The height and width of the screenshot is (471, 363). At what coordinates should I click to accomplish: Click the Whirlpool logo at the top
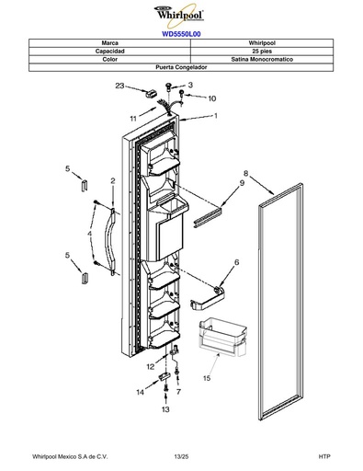tap(180, 15)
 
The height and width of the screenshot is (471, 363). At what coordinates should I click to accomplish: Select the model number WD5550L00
tap(181, 34)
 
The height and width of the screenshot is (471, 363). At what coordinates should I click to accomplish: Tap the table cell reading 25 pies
tap(262, 52)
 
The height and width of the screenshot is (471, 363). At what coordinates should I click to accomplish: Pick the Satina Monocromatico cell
tap(262, 59)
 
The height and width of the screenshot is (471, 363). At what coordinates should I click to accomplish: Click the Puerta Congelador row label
tap(181, 67)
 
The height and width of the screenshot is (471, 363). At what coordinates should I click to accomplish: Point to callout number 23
tap(119, 86)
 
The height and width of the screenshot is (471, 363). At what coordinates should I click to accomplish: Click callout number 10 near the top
tap(212, 98)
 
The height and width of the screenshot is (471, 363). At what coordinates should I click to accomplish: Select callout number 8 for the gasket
tap(245, 174)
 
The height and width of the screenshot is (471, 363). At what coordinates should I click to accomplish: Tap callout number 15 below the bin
tap(207, 378)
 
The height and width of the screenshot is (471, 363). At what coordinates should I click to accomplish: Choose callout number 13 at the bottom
tap(165, 409)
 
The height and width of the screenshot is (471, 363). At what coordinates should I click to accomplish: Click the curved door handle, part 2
tap(110, 240)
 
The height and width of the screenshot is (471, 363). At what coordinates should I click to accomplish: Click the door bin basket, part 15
tap(222, 338)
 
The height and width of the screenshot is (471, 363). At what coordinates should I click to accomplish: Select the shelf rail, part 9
tap(208, 218)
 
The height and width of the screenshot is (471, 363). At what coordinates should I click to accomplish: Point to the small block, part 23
tap(151, 93)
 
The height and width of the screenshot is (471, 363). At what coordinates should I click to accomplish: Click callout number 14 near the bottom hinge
tap(140, 393)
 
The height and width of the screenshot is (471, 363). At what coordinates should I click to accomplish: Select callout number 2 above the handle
tap(113, 181)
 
